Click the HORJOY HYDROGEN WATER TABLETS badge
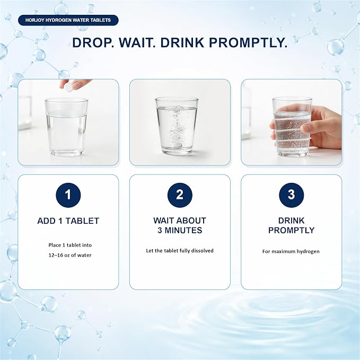point(68,20)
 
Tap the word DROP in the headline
point(93,43)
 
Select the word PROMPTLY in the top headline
point(248,43)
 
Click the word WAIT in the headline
point(137,43)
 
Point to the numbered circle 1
point(68,195)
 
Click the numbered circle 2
point(180,195)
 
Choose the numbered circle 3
point(292,195)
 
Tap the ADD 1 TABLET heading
point(68,221)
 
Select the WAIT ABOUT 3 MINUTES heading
point(180,225)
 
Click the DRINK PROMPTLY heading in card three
point(292,225)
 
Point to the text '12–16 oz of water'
point(70,255)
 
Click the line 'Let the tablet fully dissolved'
point(180,250)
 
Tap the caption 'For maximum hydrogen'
point(291,251)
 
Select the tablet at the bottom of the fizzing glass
point(177,146)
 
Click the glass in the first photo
point(66,127)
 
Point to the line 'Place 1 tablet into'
point(70,245)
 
